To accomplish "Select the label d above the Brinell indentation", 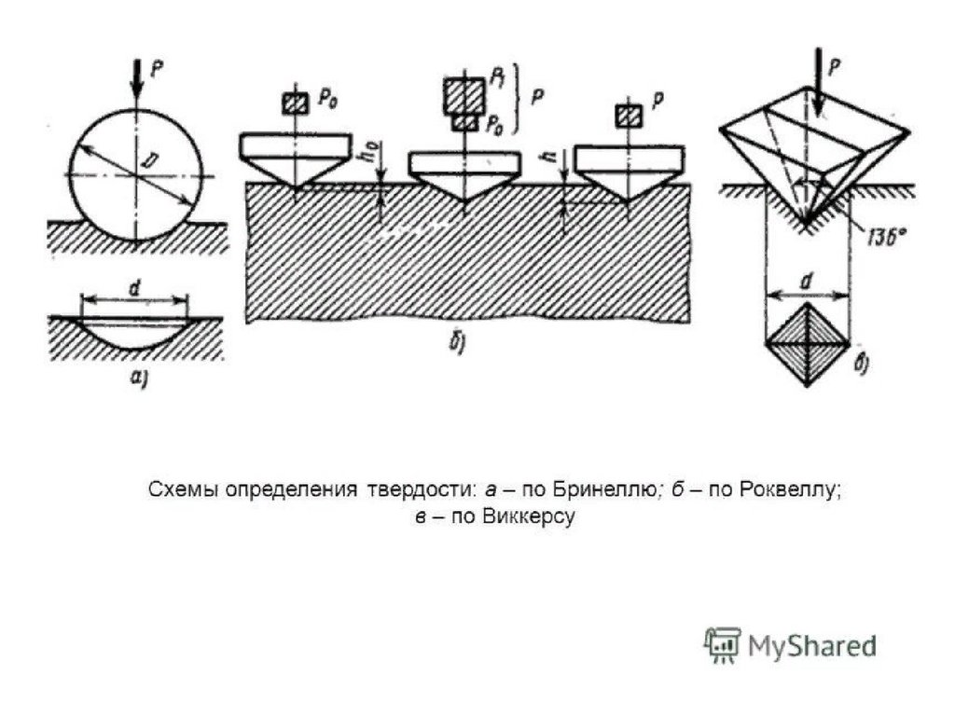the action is pyautogui.click(x=135, y=289).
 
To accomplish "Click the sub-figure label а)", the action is pyautogui.click(x=136, y=377).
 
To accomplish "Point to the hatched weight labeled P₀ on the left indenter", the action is pyautogui.click(x=296, y=103).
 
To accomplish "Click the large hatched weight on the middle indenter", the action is pyautogui.click(x=464, y=95).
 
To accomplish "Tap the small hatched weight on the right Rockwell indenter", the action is pyautogui.click(x=629, y=116).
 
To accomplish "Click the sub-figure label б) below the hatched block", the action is pyautogui.click(x=458, y=343).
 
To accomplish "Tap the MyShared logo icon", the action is pyautogui.click(x=721, y=645).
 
